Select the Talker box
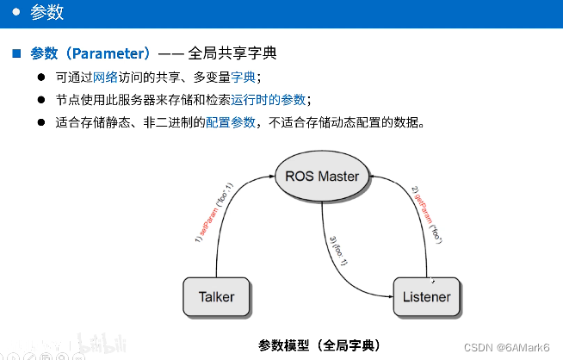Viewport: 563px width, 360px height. tap(216, 297)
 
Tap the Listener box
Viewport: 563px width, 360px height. tap(426, 297)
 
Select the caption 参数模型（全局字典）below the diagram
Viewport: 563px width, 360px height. tap(317, 345)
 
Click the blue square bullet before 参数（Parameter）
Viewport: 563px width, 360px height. tap(15, 54)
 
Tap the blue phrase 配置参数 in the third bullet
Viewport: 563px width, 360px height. tap(230, 121)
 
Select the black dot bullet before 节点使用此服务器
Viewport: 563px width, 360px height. tap(40, 99)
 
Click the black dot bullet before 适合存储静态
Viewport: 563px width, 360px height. tap(40, 121)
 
